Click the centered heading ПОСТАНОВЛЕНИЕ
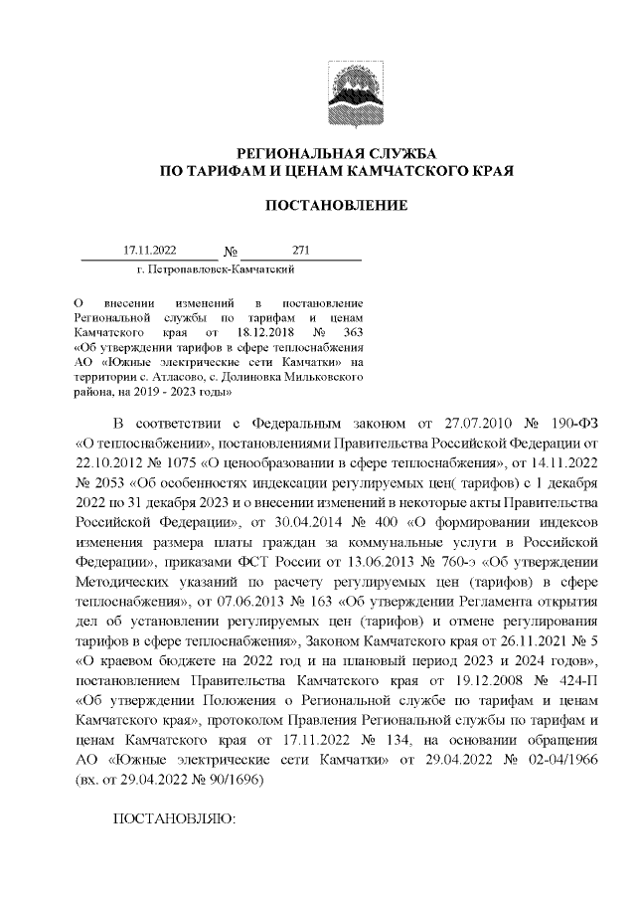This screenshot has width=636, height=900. coord(336,205)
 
